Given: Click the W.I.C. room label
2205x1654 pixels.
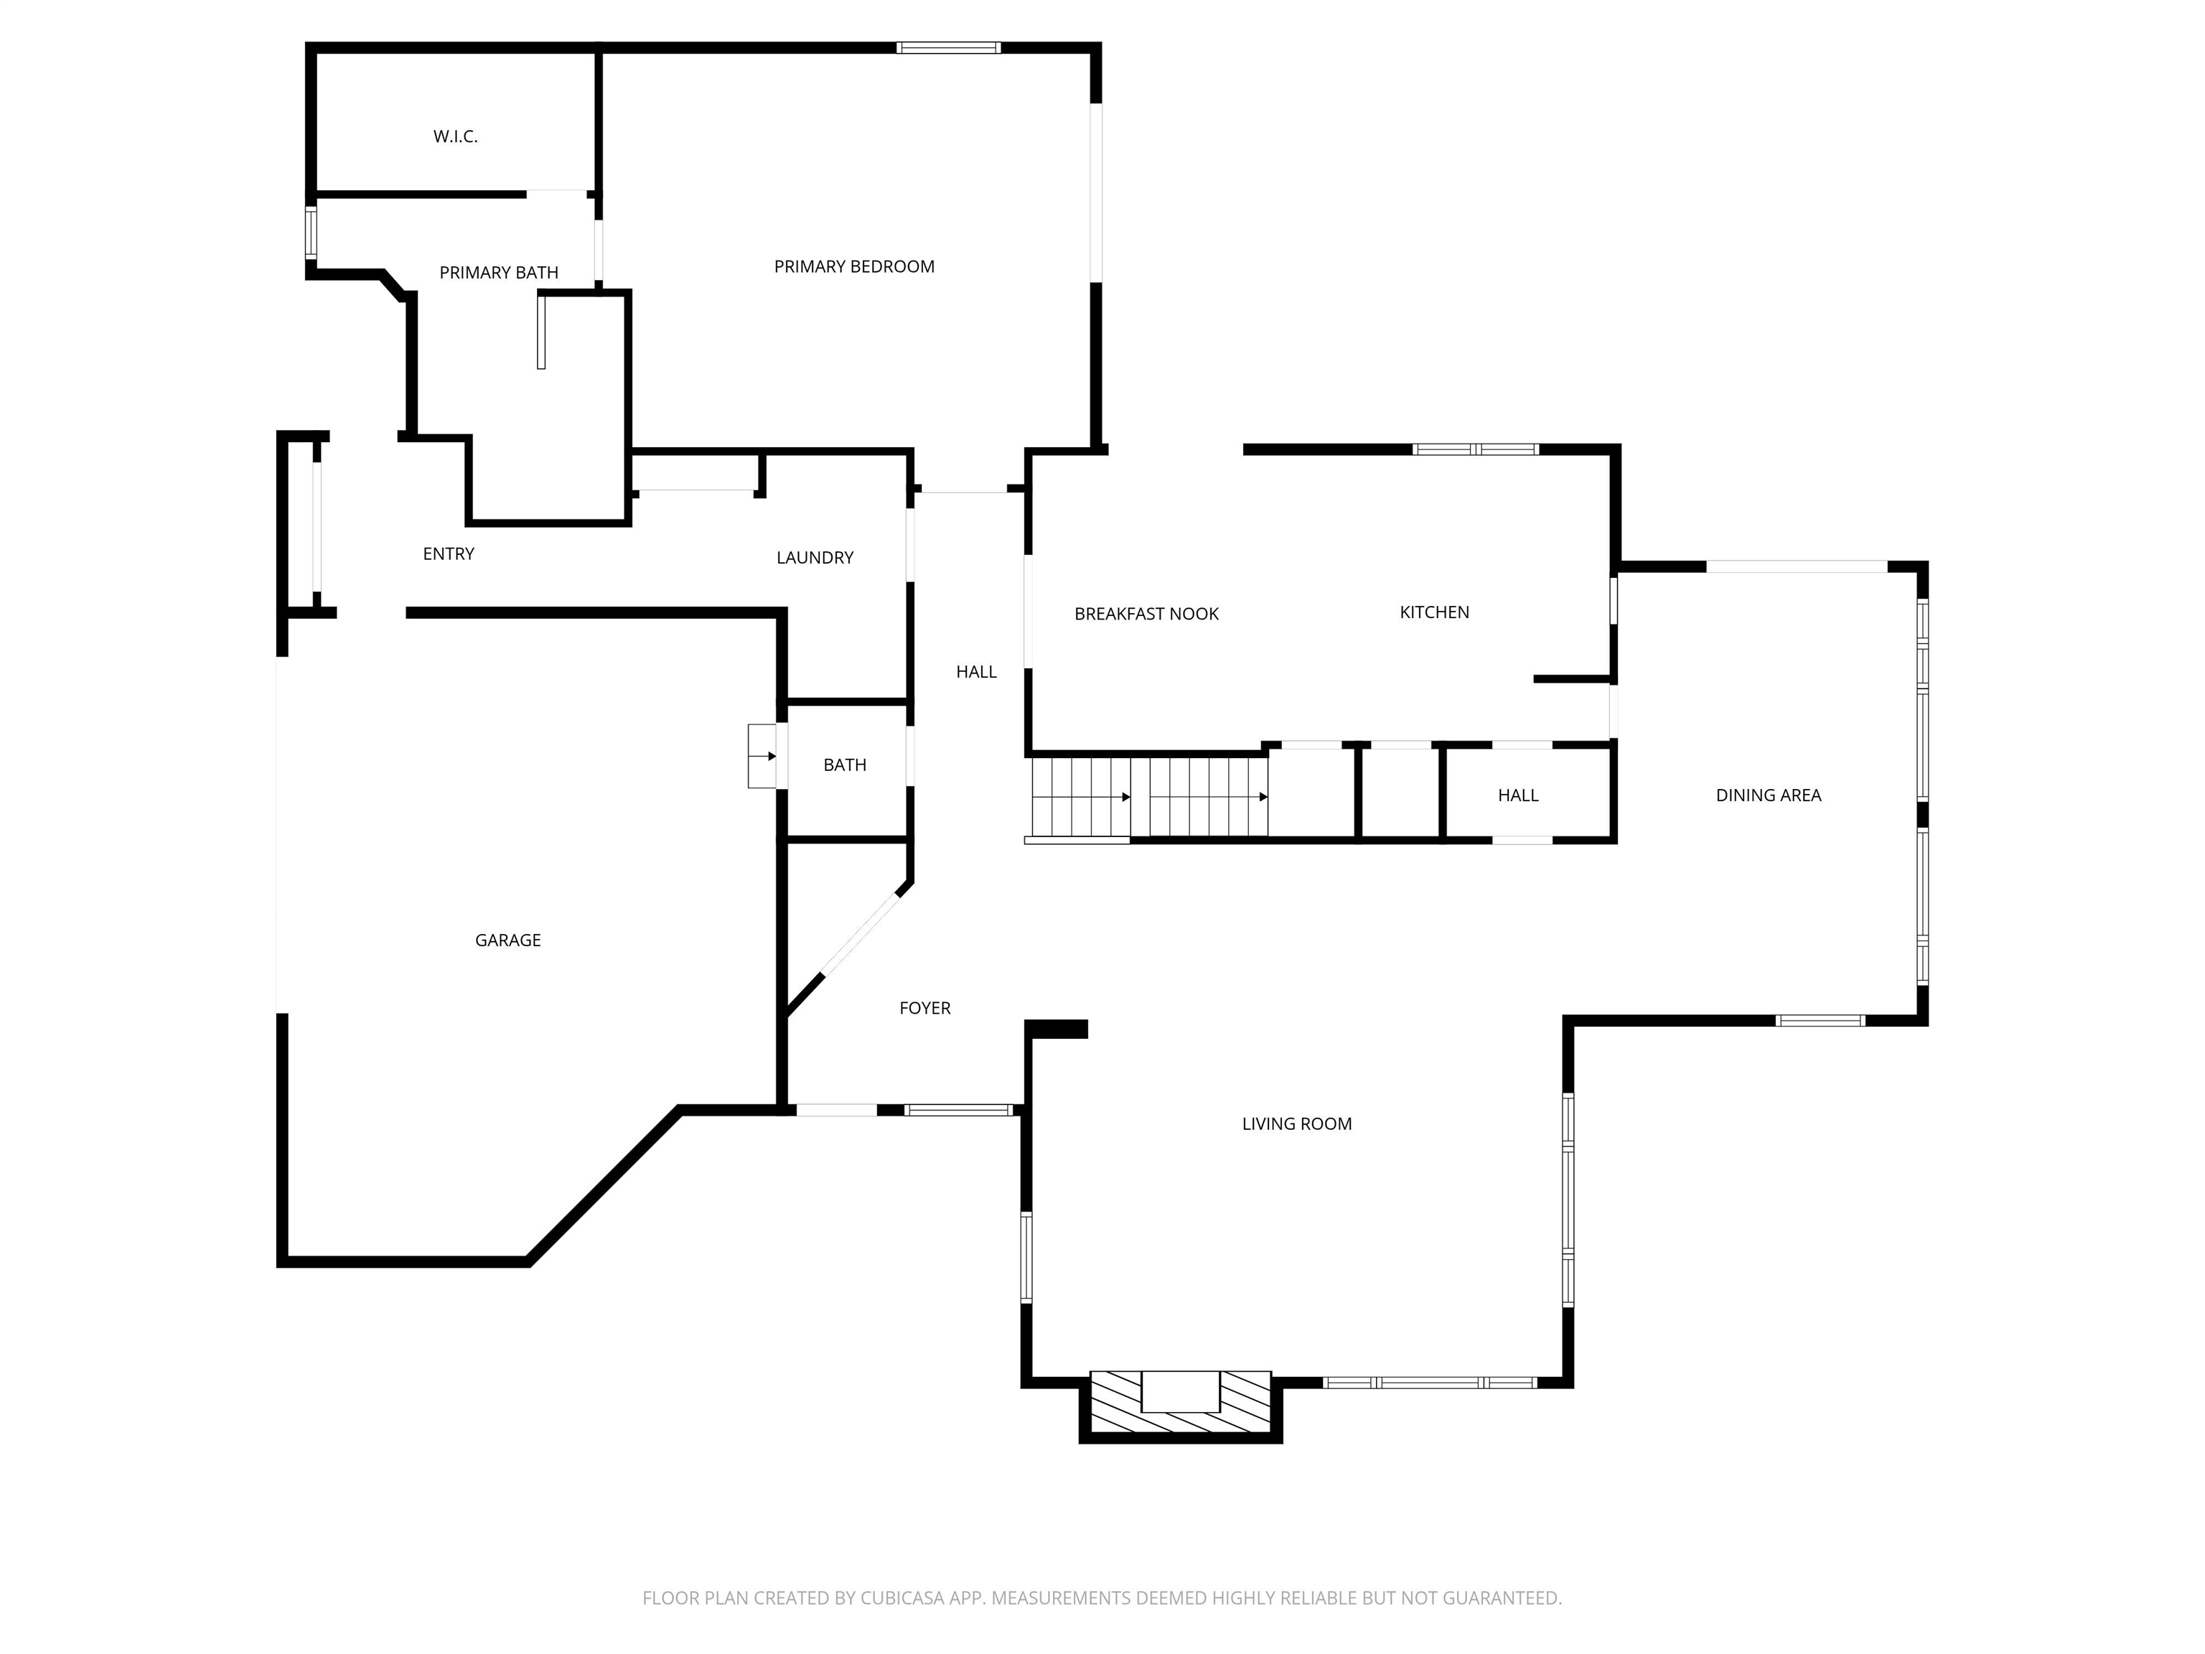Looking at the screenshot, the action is [x=456, y=136].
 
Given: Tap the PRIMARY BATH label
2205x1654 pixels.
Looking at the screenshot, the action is [x=498, y=272].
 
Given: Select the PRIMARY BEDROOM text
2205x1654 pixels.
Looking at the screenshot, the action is [x=854, y=266].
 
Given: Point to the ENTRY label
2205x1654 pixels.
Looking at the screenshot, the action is [x=449, y=553].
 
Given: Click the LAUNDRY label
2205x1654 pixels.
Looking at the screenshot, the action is [x=815, y=557].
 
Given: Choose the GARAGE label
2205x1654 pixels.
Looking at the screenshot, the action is [x=508, y=940].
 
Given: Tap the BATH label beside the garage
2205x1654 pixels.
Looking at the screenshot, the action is [x=844, y=765].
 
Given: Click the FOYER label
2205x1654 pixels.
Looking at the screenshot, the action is [x=925, y=1008].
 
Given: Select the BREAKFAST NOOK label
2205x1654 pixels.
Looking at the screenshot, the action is [x=1146, y=614].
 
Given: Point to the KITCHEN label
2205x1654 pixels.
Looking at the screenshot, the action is [x=1434, y=612].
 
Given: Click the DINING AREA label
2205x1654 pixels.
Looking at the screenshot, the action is [x=1769, y=795].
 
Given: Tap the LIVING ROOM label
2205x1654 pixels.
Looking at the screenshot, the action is [x=1297, y=1123].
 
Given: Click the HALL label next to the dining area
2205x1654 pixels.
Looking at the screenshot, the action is [x=1518, y=795].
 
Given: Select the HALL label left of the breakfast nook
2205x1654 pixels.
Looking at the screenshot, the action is [x=977, y=672].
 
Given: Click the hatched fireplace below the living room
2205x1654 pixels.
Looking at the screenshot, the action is [x=1180, y=1403].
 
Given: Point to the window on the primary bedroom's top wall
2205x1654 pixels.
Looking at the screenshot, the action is [x=948, y=47].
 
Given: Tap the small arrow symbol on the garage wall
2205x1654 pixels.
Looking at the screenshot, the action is [x=764, y=756].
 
